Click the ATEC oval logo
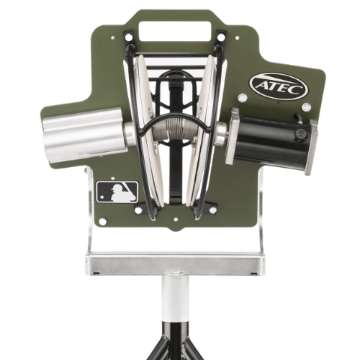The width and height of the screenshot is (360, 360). [279, 86]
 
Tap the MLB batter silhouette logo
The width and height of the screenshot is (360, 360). [117, 192]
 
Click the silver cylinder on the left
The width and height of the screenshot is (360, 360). [85, 135]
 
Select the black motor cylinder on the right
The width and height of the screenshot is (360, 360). [271, 142]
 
